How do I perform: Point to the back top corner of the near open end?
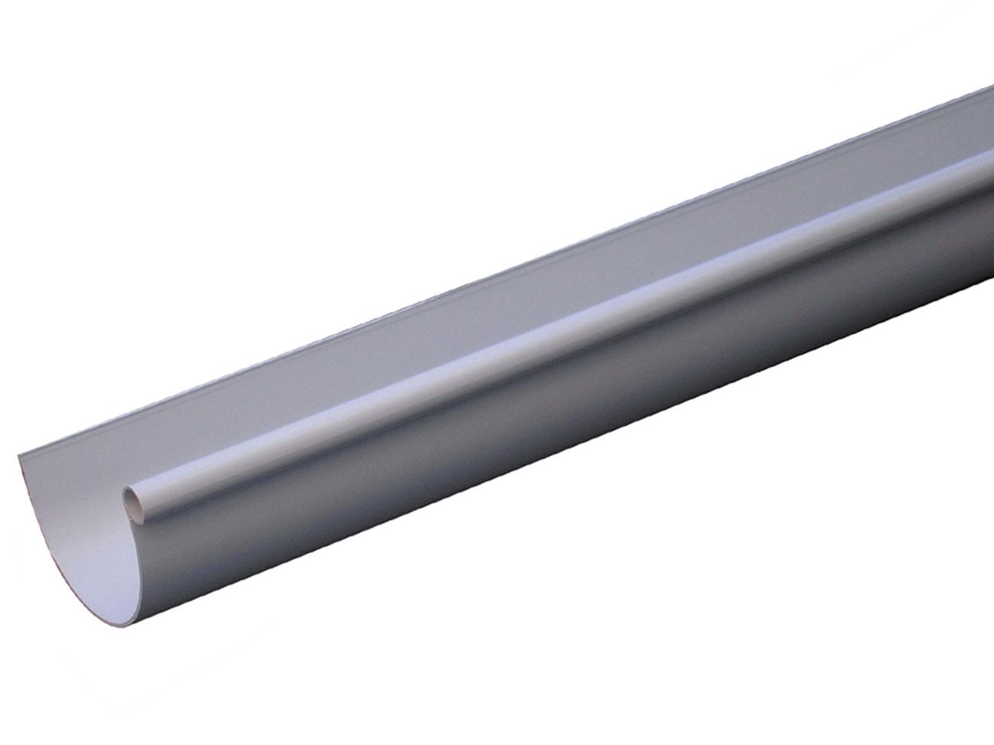17,457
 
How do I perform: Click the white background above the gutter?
306,153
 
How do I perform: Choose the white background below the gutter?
612,612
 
